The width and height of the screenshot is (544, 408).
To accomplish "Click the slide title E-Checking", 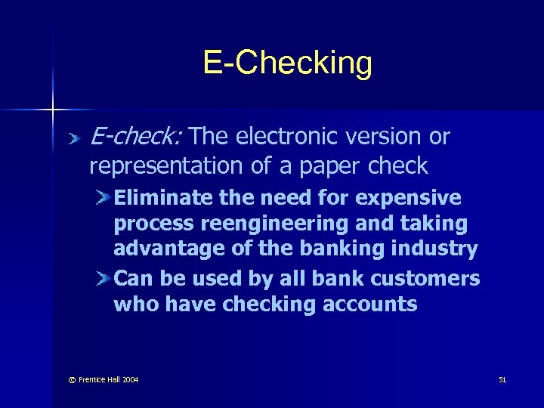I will click(x=287, y=63).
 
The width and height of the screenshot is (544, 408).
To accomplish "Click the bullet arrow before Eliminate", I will click(x=104, y=198).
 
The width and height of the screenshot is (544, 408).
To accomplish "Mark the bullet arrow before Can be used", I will click(x=104, y=279).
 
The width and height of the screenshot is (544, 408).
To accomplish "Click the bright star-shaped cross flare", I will click(x=53, y=110).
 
